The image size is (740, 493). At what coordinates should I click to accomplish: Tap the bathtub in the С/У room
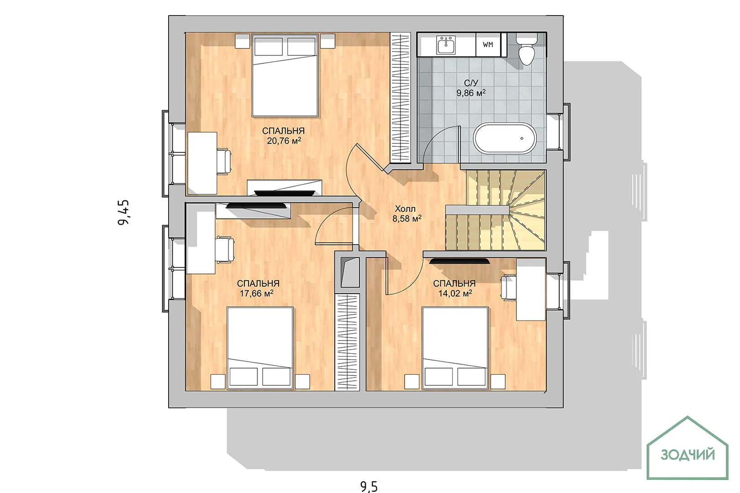coord(505,138)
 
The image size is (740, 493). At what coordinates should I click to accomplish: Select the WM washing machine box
coord(488,45)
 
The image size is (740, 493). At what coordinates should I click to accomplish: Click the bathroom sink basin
coord(446,45)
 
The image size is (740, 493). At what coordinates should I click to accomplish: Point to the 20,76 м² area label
coord(284,141)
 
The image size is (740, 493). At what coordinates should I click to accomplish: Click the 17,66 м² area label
coord(256,293)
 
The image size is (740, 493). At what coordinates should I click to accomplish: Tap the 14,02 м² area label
coord(455,293)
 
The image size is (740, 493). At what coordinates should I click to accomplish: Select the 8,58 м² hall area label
coord(407,219)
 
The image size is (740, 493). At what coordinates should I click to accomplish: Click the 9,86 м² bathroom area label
coord(471,93)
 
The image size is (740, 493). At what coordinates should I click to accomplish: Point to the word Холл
coord(405,209)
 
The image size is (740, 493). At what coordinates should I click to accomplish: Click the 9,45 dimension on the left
coord(124,213)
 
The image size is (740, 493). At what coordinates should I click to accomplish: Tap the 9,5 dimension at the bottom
coord(369,487)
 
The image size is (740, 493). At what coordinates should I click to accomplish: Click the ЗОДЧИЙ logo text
coord(688,455)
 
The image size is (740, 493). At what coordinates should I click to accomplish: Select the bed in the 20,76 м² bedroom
coord(285,75)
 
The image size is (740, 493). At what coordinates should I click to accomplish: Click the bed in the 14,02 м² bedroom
coord(455,348)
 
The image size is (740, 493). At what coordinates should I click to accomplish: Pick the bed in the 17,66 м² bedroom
coord(260,348)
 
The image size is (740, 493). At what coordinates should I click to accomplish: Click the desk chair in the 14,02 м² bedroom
coord(508,288)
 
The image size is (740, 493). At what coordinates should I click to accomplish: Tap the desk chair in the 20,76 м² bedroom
coord(224,162)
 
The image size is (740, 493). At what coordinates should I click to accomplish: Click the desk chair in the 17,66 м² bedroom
coord(225,250)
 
